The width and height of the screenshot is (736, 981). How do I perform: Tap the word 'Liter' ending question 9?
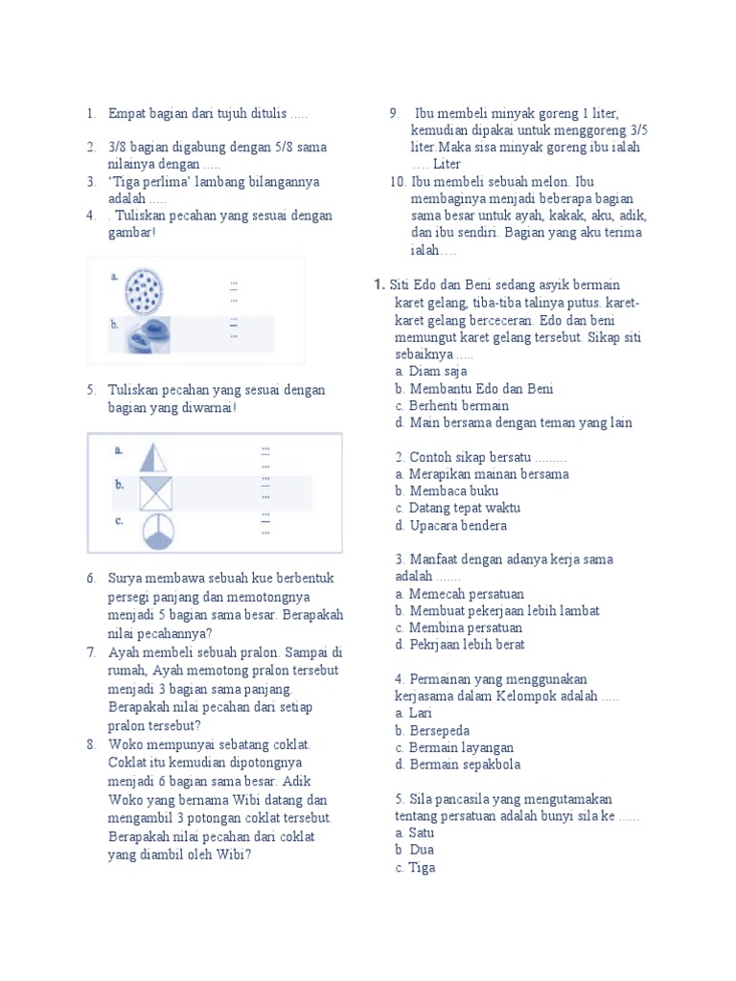pyautogui.click(x=447, y=164)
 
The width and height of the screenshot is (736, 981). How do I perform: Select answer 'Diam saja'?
pyautogui.click(x=438, y=372)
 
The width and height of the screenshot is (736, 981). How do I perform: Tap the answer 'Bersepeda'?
pyautogui.click(x=441, y=730)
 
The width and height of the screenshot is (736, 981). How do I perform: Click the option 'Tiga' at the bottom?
pyautogui.click(x=422, y=868)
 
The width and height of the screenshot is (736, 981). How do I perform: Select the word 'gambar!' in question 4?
pyautogui.click(x=131, y=233)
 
